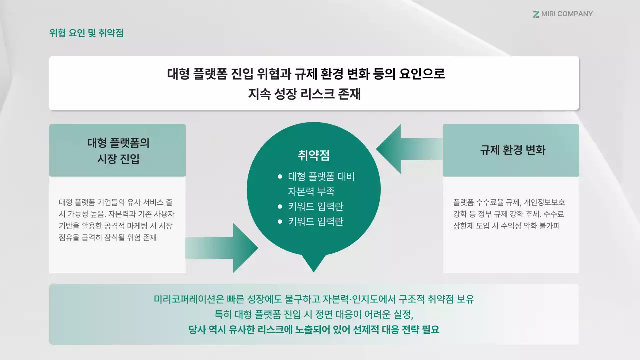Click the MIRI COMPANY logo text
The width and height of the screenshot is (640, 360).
tap(567, 14)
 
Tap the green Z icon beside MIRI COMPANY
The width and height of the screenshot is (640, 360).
tap(536, 14)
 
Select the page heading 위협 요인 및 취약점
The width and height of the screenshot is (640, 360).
tap(86, 33)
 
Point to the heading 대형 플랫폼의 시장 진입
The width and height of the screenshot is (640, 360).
tap(118, 150)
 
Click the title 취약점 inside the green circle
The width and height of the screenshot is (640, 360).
tap(313, 155)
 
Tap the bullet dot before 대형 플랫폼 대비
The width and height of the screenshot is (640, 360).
tap(280, 177)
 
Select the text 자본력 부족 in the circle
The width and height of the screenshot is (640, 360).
tap(311, 191)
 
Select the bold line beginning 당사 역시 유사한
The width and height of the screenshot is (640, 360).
tap(314, 330)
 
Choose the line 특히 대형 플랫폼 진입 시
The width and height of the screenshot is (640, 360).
tap(314, 315)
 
